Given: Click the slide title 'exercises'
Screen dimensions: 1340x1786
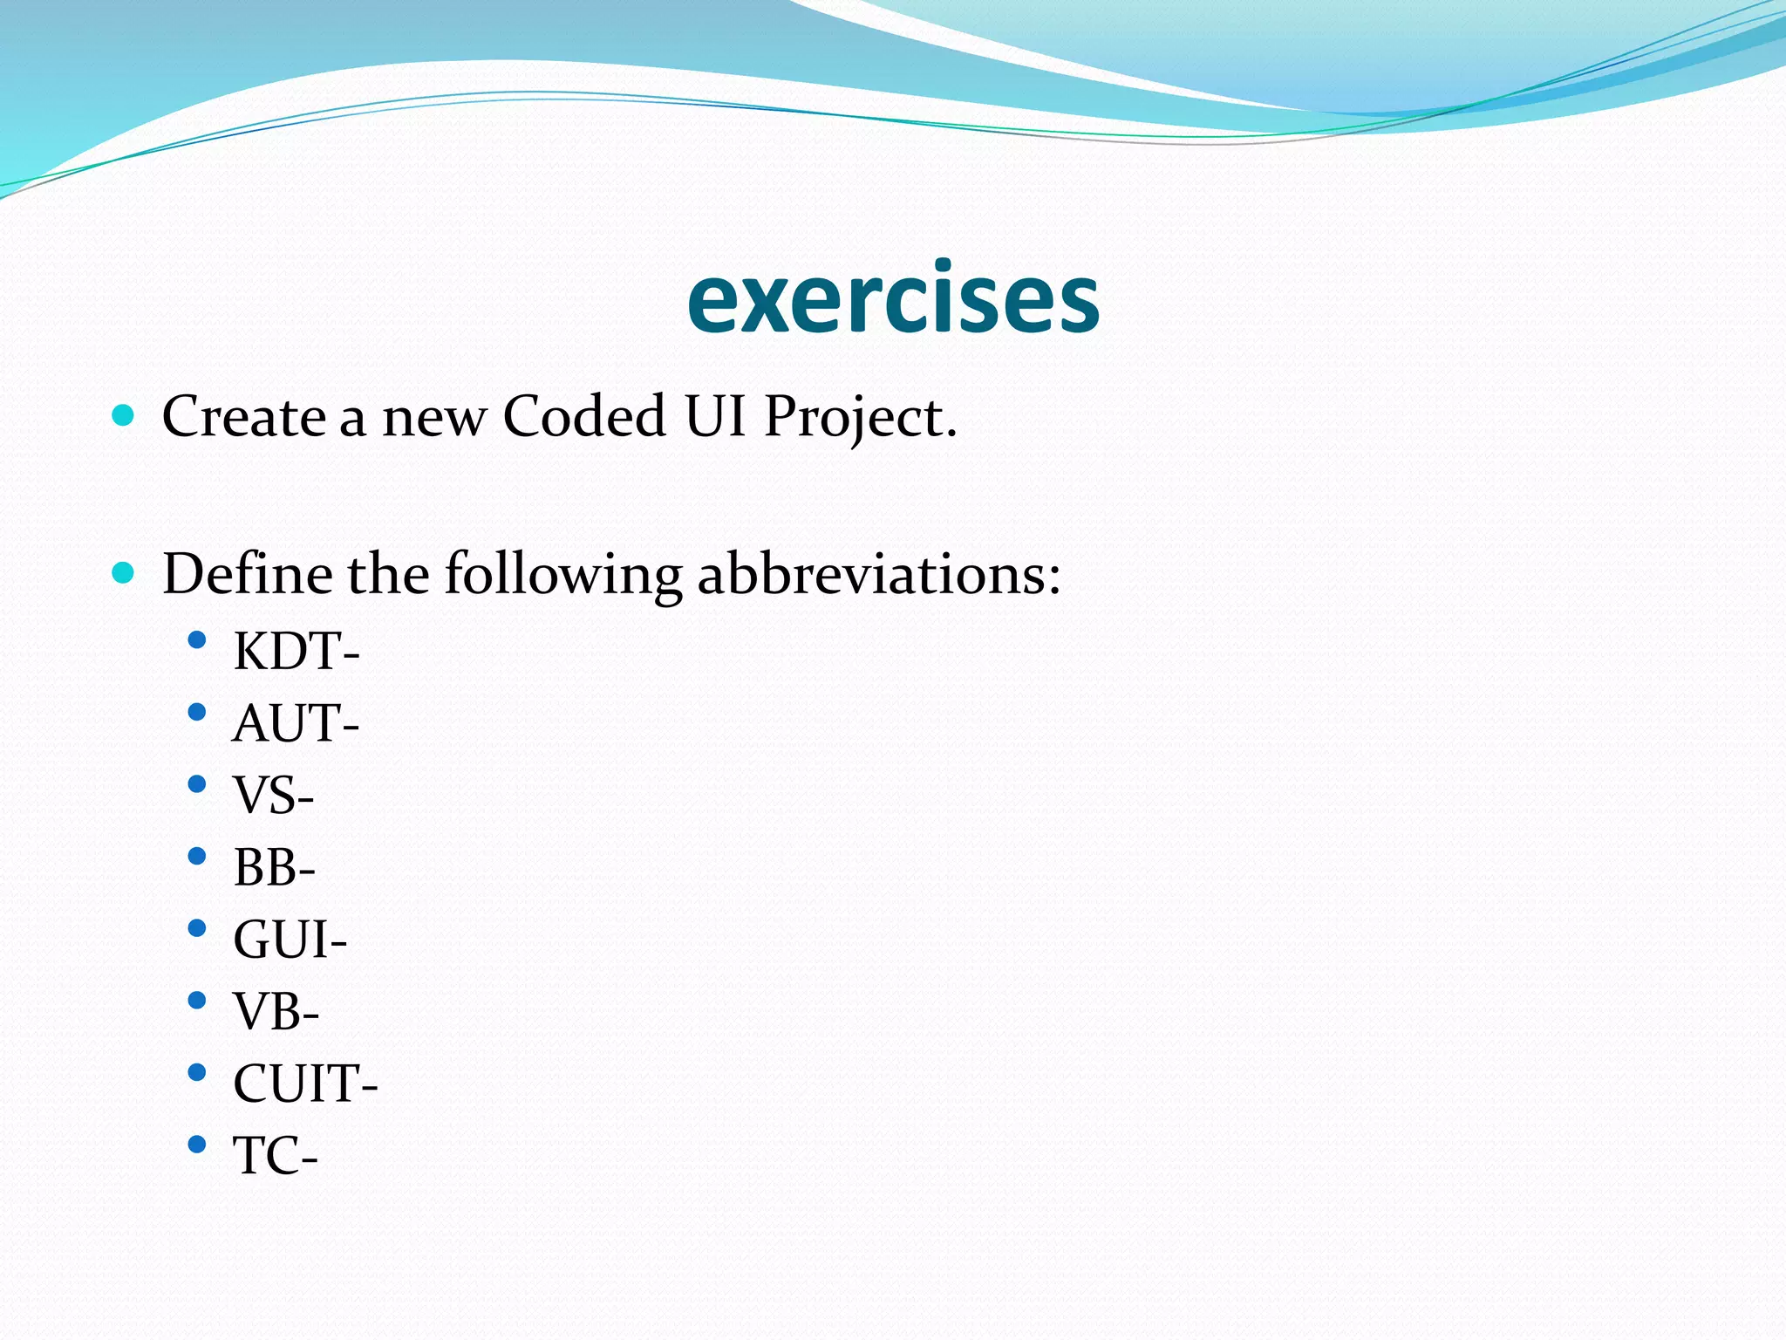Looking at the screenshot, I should click(893, 299).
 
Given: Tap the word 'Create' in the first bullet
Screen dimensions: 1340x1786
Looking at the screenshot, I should click(243, 416).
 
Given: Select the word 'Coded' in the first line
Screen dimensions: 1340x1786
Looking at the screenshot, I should click(584, 416).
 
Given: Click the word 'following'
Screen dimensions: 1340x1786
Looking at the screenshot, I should click(563, 576).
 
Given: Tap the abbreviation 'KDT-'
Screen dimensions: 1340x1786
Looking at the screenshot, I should click(296, 652).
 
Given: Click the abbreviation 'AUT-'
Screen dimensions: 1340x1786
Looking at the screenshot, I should click(295, 724).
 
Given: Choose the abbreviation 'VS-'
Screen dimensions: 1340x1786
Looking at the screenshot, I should click(273, 796).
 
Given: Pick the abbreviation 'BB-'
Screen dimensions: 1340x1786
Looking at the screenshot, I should click(274, 868).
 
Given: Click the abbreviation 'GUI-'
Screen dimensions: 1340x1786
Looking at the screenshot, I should click(290, 940).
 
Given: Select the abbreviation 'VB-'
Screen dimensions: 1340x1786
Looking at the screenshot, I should click(276, 1012).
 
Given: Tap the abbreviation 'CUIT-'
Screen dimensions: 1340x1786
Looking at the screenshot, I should click(305, 1084).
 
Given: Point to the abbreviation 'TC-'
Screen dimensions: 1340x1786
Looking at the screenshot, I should click(275, 1157).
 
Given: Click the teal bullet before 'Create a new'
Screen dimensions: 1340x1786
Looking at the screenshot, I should click(123, 415).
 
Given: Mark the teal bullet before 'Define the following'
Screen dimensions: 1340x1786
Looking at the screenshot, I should click(123, 573).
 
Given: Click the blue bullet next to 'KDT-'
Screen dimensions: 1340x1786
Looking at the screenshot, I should click(197, 640).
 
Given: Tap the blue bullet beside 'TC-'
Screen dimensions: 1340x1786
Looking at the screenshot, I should click(197, 1144).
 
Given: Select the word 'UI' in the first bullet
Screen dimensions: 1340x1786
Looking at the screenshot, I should click(715, 416).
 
